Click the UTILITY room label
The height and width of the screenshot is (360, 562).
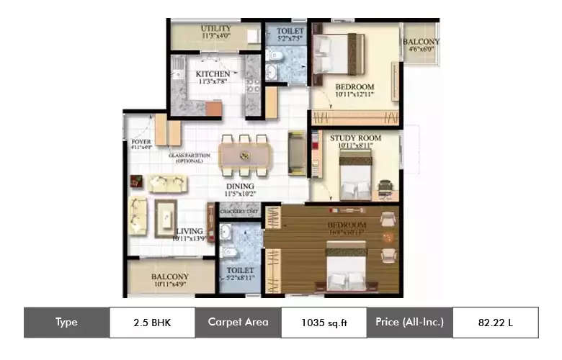pos(215,29)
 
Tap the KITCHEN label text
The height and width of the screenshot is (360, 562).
pos(213,74)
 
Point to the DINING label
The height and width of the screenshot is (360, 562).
pos(241,186)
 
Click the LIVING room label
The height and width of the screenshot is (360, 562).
pos(189,232)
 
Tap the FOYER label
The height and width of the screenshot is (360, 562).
pos(141,142)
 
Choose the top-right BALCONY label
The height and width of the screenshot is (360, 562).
pos(421,42)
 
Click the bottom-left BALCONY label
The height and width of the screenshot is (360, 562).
pos(170,277)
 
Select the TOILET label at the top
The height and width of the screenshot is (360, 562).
pos(290,32)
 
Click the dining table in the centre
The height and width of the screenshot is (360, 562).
pos(244,154)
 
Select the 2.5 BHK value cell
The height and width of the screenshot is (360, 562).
pos(152,322)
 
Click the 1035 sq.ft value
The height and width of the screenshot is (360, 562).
pos(323,322)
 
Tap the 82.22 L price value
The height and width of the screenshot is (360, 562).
pos(495,322)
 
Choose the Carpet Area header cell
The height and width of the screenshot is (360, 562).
pos(238,322)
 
